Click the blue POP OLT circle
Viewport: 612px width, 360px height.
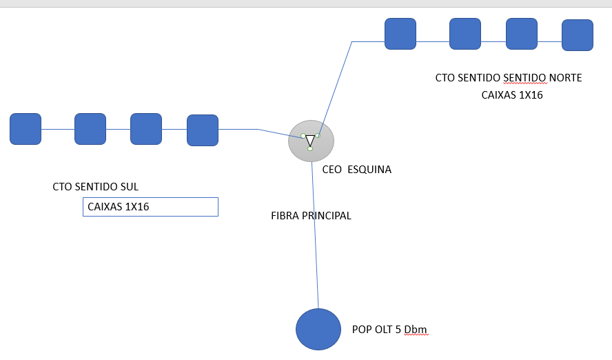tap(318, 329)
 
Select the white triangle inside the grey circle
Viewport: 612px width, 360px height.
tap(310, 140)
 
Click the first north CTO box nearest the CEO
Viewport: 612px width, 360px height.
tap(400, 34)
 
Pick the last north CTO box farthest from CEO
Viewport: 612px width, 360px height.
tap(578, 35)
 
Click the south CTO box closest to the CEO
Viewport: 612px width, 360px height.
tap(203, 130)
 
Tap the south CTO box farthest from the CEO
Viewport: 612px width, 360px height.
tap(25, 129)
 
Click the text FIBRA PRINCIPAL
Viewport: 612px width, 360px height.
tap(312, 216)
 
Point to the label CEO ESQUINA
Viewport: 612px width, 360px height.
tap(357, 169)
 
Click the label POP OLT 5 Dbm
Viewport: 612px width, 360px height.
tap(390, 330)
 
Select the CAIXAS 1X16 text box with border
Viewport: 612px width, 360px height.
tap(150, 207)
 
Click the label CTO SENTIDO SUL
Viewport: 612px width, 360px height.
tap(96, 187)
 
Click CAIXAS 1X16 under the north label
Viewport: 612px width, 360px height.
tap(512, 95)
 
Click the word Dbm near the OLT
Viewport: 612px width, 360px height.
tap(416, 330)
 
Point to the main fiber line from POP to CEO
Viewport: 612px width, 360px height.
tap(315, 234)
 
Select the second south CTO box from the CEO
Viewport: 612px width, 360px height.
tap(146, 129)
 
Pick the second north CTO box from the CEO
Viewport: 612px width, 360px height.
tap(465, 34)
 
